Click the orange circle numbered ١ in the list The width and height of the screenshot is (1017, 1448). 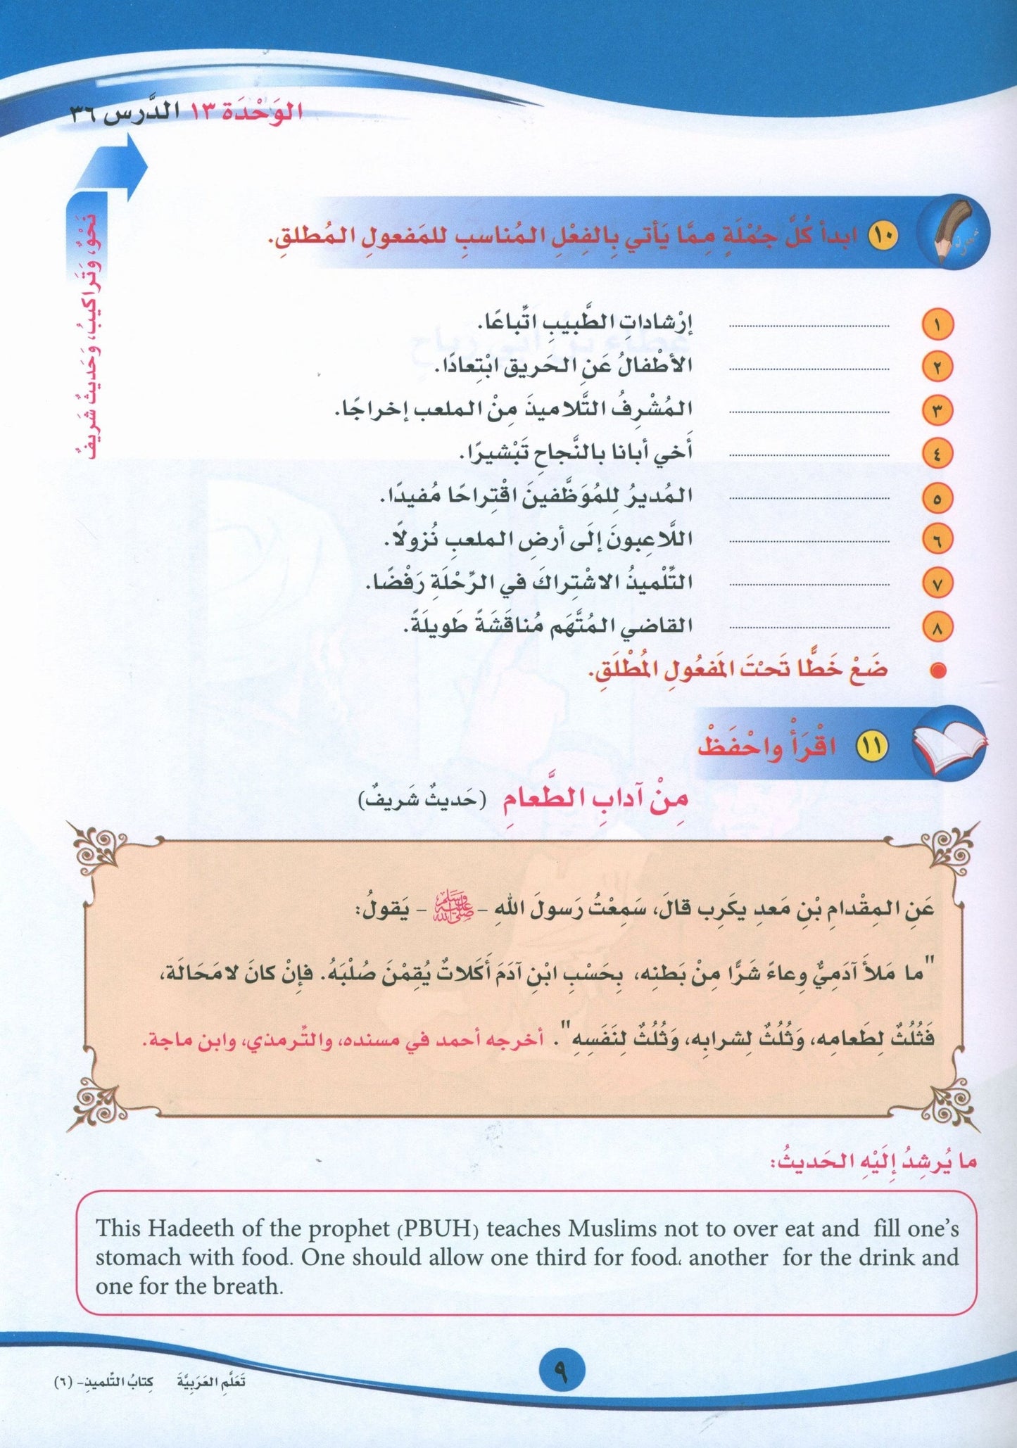pos(936,325)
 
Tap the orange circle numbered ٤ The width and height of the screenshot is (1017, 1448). pos(936,455)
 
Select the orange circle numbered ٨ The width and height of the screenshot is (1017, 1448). pos(936,628)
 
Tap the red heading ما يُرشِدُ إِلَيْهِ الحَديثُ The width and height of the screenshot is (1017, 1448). pos(877,1163)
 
